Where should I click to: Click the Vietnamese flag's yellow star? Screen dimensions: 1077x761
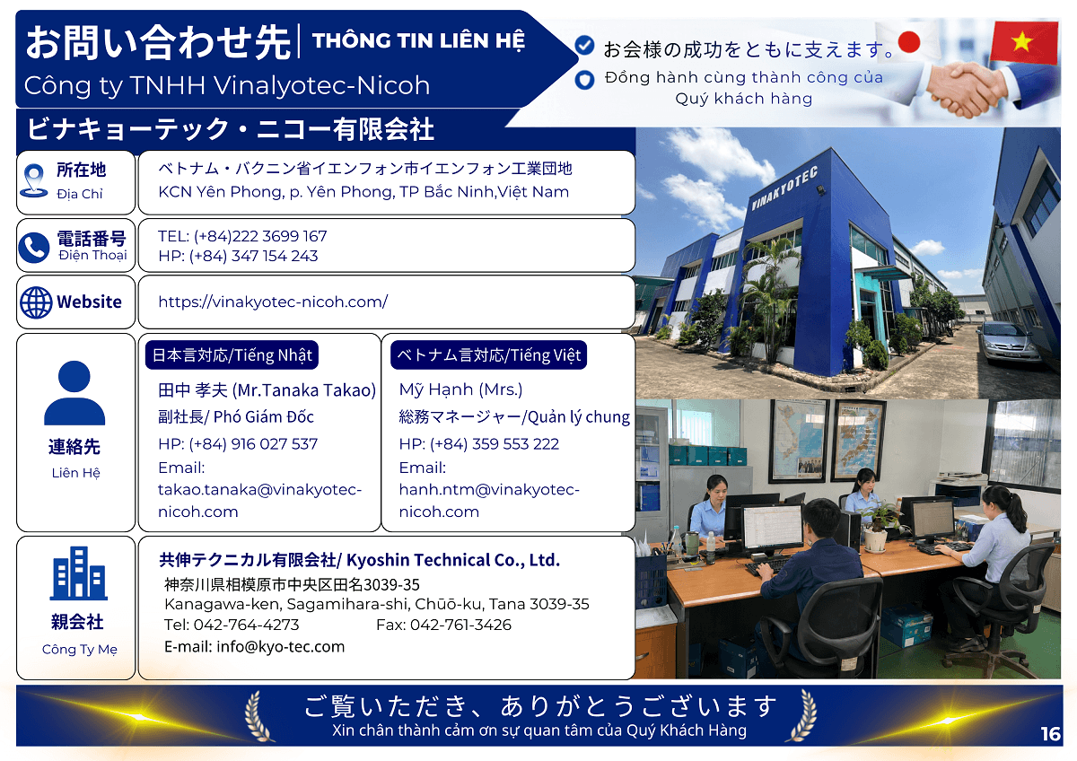pyautogui.click(x=1021, y=42)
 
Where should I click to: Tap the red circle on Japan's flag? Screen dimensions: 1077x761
pyautogui.click(x=908, y=42)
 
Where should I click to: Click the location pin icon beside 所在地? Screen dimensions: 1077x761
pyautogui.click(x=34, y=180)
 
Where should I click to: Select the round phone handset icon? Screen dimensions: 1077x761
pyautogui.click(x=34, y=248)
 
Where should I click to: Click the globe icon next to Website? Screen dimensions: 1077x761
pyautogui.click(x=36, y=302)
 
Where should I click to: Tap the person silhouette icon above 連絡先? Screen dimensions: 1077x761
pyautogui.click(x=74, y=393)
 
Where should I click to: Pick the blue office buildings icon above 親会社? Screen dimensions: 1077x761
pyautogui.click(x=78, y=573)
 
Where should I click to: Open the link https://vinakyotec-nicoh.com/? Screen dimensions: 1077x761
pyautogui.click(x=273, y=302)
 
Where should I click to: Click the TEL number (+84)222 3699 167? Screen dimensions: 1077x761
pyautogui.click(x=260, y=236)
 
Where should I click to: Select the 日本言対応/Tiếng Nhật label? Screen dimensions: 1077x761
pyautogui.click(x=232, y=355)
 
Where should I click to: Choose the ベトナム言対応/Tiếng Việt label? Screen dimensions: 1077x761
pyautogui.click(x=488, y=355)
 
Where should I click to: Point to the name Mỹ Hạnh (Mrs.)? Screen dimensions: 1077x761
pyautogui.click(x=460, y=389)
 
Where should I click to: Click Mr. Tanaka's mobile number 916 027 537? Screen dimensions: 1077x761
pyautogui.click(x=274, y=443)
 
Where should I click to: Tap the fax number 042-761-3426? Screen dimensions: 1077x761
pyautogui.click(x=460, y=625)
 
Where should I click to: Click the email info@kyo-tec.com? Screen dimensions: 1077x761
pyautogui.click(x=280, y=647)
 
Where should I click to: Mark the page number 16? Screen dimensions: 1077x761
pyautogui.click(x=1051, y=734)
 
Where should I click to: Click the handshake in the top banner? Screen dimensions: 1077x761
pyautogui.click(x=968, y=90)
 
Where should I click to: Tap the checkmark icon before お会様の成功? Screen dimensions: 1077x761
pyautogui.click(x=584, y=46)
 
